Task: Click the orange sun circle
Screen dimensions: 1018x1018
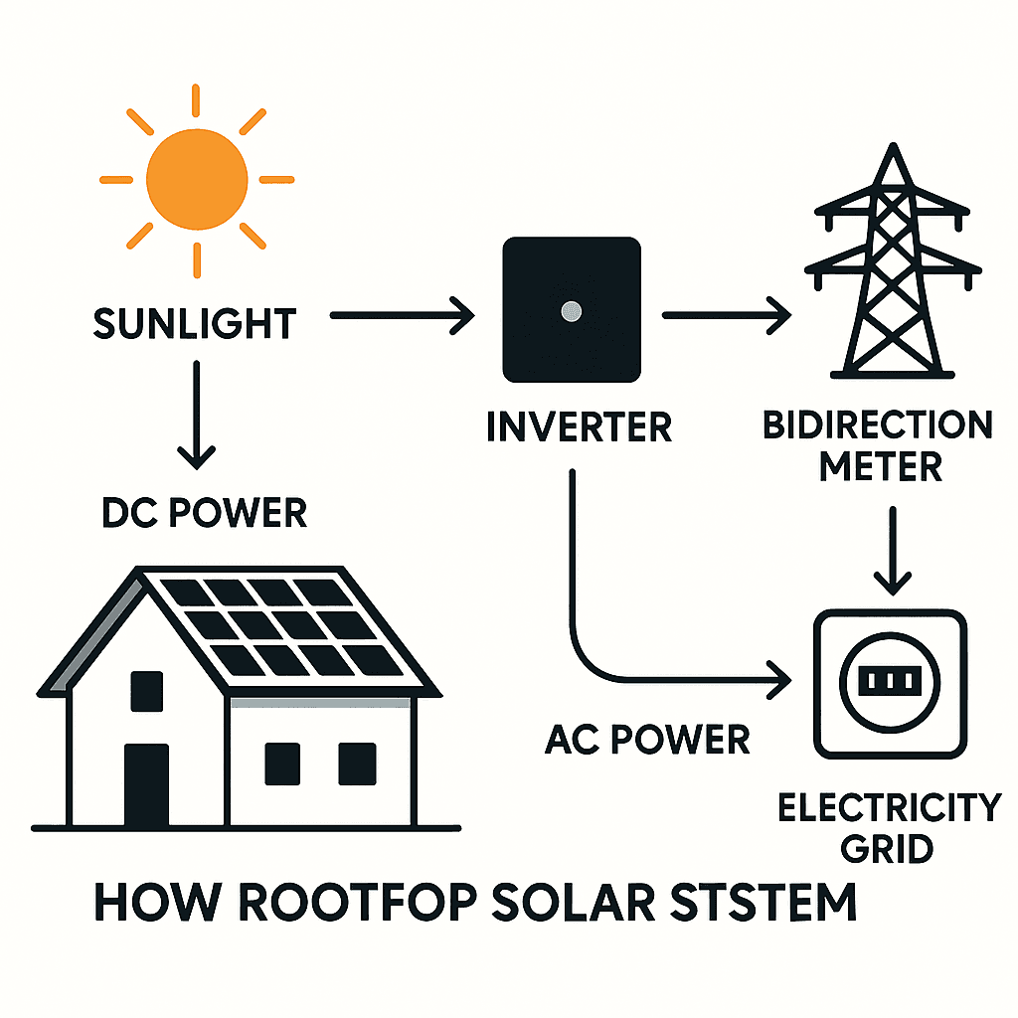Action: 196,181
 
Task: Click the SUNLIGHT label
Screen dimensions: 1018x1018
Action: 195,324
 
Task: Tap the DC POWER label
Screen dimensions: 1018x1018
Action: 204,513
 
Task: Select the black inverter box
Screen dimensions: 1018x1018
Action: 571,310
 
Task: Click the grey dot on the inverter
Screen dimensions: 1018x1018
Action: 571,312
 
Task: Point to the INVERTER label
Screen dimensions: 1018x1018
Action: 580,427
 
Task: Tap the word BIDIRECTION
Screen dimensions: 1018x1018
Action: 878,425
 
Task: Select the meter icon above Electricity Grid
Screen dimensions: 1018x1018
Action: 890,681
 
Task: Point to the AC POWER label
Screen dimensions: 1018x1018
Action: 647,740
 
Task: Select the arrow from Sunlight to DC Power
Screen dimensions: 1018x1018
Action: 196,413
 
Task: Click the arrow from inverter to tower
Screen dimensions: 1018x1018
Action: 726,316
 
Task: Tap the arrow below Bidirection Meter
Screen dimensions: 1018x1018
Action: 898,552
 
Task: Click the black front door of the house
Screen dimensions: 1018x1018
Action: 146,785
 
